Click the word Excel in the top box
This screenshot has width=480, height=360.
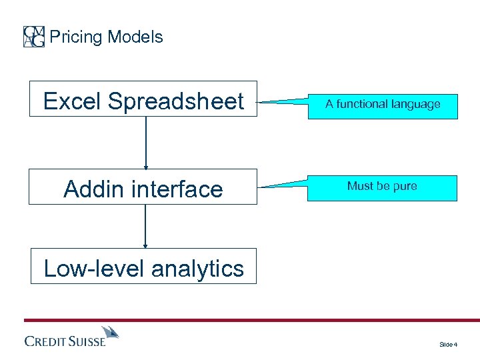pyautogui.click(x=73, y=101)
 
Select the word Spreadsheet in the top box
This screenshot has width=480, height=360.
pyautogui.click(x=176, y=101)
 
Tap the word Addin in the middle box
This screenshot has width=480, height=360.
pyautogui.click(x=93, y=189)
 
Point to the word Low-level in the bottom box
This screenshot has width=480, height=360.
pyautogui.click(x=94, y=268)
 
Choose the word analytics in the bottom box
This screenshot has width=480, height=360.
pyautogui.click(x=197, y=268)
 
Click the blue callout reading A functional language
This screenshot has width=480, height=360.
pyautogui.click(x=383, y=105)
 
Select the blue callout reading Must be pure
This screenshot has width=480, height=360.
pyautogui.click(x=382, y=187)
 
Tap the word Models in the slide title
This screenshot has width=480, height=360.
pyautogui.click(x=135, y=37)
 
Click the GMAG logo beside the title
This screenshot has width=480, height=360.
pyautogui.click(x=34, y=37)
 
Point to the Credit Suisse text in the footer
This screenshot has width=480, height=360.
pyautogui.click(x=65, y=341)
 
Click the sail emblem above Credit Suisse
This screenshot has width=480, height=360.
pyautogui.click(x=110, y=332)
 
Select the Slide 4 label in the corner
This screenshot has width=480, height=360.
pyautogui.click(x=447, y=344)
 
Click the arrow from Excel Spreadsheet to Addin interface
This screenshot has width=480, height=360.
pyautogui.click(x=145, y=143)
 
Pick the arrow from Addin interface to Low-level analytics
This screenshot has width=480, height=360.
pyautogui.click(x=145, y=227)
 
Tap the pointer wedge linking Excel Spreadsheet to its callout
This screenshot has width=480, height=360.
pyautogui.click(x=283, y=102)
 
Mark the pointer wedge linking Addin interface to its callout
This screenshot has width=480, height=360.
pyautogui.click(x=283, y=185)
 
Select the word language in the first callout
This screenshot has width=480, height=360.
pyautogui.click(x=417, y=104)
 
